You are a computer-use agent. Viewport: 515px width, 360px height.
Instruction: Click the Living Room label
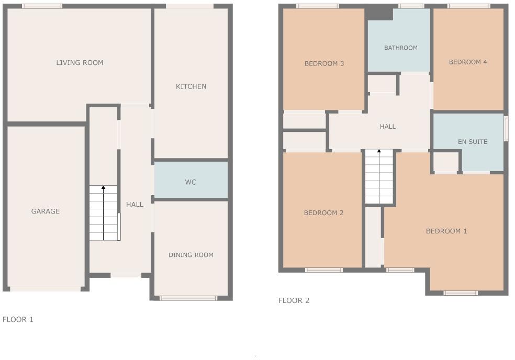80,63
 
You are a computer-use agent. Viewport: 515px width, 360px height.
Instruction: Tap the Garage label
46,211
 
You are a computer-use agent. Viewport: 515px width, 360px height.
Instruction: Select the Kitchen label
191,86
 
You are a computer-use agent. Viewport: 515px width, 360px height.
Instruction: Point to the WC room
191,182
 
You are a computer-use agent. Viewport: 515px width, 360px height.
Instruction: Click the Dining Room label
191,255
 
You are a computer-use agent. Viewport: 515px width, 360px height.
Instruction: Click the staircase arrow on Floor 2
379,152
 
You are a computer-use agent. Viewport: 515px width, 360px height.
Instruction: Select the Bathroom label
400,48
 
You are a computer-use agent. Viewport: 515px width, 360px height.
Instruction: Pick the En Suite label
472,142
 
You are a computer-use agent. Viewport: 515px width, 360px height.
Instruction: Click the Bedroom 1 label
446,231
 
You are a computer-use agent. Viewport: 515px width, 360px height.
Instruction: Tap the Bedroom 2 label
323,213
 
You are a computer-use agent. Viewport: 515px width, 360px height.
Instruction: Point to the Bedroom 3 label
324,64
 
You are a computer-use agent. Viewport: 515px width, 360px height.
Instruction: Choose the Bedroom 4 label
468,62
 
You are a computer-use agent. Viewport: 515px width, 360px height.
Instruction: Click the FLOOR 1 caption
18,319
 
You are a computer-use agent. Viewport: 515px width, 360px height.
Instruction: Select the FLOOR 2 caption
294,300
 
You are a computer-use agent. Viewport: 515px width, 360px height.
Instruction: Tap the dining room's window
188,298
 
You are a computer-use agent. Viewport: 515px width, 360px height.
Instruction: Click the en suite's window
506,129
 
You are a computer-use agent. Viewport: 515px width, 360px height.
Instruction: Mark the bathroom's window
411,6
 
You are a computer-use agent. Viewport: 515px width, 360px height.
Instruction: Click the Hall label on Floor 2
387,126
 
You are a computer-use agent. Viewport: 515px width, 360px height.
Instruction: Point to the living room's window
42,6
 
